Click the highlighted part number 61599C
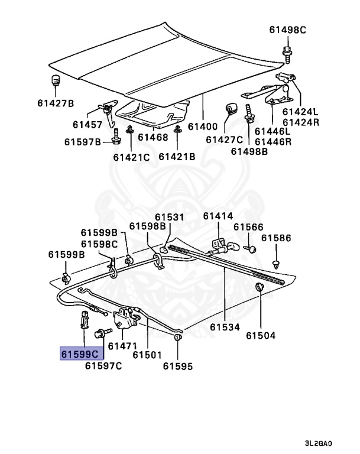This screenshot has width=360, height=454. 81,354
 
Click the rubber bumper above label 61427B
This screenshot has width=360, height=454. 56,81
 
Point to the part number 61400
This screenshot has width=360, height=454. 203,126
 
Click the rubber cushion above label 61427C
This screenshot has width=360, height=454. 232,108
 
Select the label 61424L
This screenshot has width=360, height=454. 300,111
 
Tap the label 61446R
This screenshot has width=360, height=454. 274,141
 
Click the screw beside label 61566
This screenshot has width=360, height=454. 252,249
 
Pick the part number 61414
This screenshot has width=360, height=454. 218,216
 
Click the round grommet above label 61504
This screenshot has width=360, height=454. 259,288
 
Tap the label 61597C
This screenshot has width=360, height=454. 103,366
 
